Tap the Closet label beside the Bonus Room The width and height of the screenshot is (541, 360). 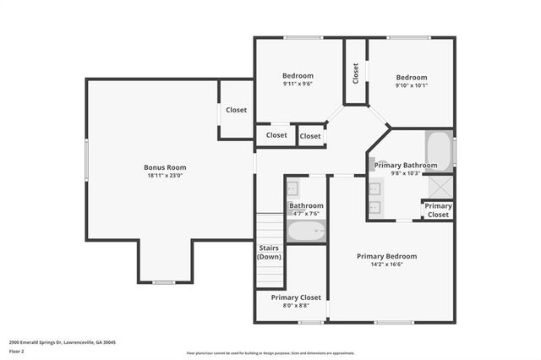pyautogui.click(x=236, y=110)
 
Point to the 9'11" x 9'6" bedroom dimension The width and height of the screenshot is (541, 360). pyautogui.click(x=298, y=85)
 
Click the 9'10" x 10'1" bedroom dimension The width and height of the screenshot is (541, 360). pyautogui.click(x=412, y=85)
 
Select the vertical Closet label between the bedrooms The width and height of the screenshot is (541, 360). pyautogui.click(x=356, y=74)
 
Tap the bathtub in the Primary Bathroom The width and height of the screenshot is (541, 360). pyautogui.click(x=438, y=150)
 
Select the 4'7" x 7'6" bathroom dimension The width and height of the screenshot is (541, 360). pyautogui.click(x=306, y=213)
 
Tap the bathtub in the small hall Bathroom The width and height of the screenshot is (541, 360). pyautogui.click(x=305, y=232)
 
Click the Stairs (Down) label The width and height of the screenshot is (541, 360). pyautogui.click(x=269, y=252)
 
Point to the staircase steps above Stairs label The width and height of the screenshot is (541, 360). pyautogui.click(x=269, y=226)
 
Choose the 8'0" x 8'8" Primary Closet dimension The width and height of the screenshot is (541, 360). pyautogui.click(x=296, y=306)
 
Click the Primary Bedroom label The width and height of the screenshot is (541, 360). pyautogui.click(x=386, y=256)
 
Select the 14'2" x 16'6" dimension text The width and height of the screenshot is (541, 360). pyautogui.click(x=386, y=265)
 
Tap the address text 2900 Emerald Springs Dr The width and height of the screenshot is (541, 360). pyautogui.click(x=63, y=342)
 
